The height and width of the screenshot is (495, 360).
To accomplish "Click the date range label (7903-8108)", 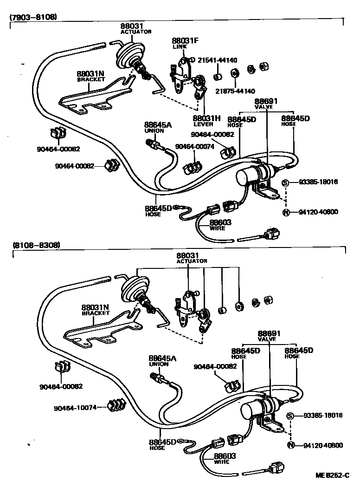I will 33,17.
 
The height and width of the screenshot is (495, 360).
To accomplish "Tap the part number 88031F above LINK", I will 185,41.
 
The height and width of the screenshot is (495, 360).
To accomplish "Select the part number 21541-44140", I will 217,60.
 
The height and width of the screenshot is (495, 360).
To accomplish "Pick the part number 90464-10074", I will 75,408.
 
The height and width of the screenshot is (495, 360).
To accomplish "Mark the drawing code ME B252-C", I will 332,475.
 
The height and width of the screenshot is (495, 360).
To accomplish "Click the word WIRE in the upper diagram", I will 218,228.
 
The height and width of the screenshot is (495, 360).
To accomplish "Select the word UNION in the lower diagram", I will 159,364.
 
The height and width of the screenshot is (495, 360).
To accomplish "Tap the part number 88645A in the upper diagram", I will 157,124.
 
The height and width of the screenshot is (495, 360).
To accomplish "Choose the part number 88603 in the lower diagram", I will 224,456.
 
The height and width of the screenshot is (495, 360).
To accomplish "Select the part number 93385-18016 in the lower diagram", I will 323,415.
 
